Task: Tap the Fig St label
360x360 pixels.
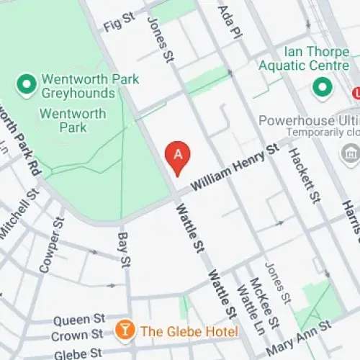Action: pos(119,24)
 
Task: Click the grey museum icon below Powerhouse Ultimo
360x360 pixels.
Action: pos(351,153)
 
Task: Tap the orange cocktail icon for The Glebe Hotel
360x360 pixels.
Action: pos(125,330)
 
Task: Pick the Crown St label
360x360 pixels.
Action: pos(78,336)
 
